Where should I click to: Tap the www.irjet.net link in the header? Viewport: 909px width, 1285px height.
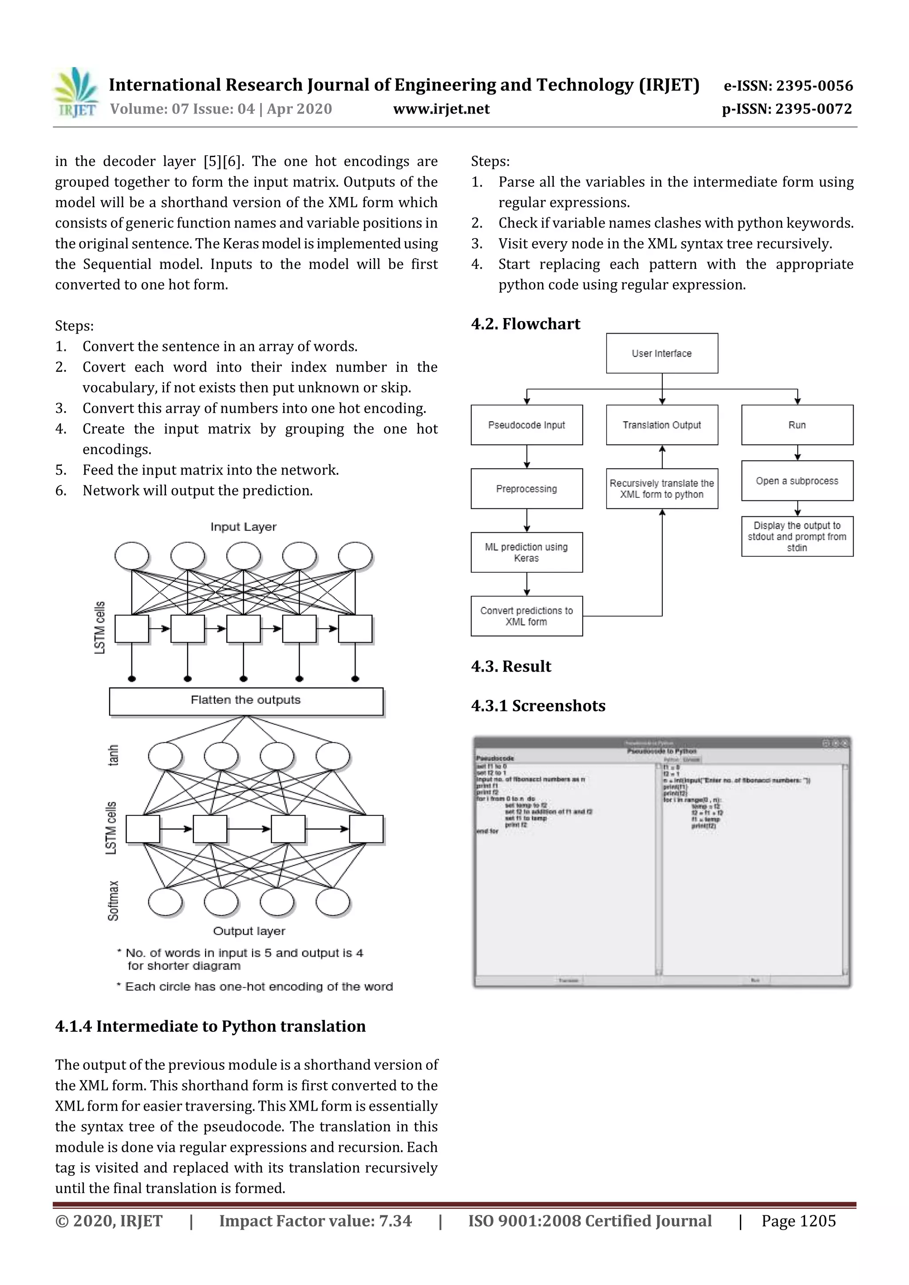[441, 109]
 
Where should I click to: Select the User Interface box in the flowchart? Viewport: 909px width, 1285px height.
[661, 353]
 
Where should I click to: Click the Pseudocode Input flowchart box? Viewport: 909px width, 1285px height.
[526, 425]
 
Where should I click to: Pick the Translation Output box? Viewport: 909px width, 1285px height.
[661, 425]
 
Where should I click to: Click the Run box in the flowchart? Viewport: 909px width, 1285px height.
[797, 425]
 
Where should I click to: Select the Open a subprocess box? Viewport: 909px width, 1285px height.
[797, 481]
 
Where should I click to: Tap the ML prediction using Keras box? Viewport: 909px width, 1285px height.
[526, 552]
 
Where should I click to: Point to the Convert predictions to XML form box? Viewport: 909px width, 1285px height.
[526, 616]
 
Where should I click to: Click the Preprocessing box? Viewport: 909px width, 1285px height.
[526, 489]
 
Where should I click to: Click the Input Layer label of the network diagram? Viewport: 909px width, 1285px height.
[243, 527]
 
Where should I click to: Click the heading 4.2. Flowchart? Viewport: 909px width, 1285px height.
[526, 324]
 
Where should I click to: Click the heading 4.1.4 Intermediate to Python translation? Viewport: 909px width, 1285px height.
[210, 1026]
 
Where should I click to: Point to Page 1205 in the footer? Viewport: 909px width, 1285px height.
[798, 1221]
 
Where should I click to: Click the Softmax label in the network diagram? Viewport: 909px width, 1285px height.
[113, 900]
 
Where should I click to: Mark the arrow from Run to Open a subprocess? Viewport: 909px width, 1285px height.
[798, 453]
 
